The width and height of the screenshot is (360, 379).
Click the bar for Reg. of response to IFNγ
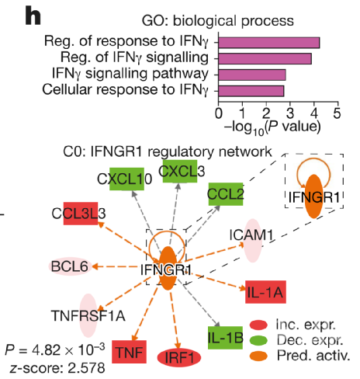click(x=269, y=43)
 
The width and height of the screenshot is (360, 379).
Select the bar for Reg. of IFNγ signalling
click(x=265, y=59)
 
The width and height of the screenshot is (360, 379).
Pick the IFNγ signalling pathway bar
click(x=252, y=75)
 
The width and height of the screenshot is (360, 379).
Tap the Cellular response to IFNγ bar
click(x=251, y=91)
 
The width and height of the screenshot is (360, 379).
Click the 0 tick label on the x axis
click(x=219, y=113)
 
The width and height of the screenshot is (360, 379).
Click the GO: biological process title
click(x=218, y=21)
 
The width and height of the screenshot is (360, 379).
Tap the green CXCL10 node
click(x=126, y=179)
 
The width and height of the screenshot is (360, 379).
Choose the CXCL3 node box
click(x=180, y=171)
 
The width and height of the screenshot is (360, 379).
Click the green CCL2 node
click(x=226, y=194)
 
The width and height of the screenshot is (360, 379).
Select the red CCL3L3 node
click(x=81, y=214)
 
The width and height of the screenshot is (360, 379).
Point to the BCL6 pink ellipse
click(x=70, y=266)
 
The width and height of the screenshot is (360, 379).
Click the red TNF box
click(x=130, y=352)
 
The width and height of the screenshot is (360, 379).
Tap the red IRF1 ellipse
click(x=179, y=358)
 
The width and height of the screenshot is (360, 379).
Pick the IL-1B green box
click(x=225, y=338)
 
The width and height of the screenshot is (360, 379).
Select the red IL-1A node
click(x=265, y=292)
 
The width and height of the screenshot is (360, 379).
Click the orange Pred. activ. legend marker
click(x=258, y=356)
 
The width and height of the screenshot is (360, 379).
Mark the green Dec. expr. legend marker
click(x=258, y=340)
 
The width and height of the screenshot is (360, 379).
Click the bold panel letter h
click(x=33, y=16)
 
